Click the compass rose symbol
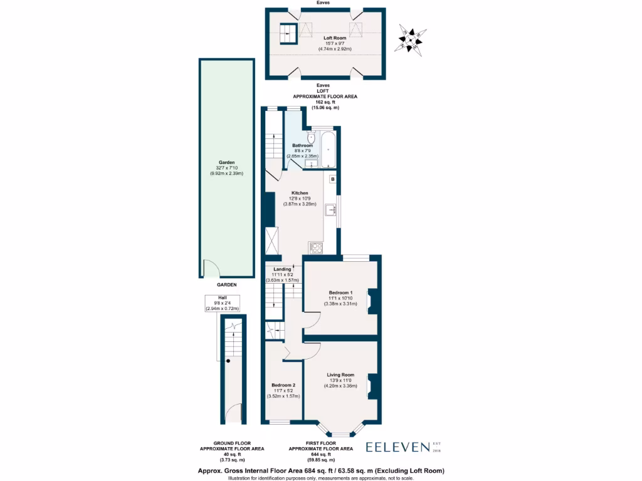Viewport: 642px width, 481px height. [x=413, y=39]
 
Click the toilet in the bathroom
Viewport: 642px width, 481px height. [x=311, y=138]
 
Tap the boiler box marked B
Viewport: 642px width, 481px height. [x=332, y=180]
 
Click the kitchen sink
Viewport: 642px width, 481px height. [x=330, y=210]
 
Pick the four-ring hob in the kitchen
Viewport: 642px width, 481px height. [x=315, y=247]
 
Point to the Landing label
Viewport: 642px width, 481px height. [x=282, y=269]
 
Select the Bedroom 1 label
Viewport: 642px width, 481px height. [x=340, y=292]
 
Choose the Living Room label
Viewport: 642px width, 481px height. [x=340, y=375]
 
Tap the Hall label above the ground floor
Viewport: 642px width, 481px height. [x=223, y=298]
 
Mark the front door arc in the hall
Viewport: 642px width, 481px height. [x=233, y=413]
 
